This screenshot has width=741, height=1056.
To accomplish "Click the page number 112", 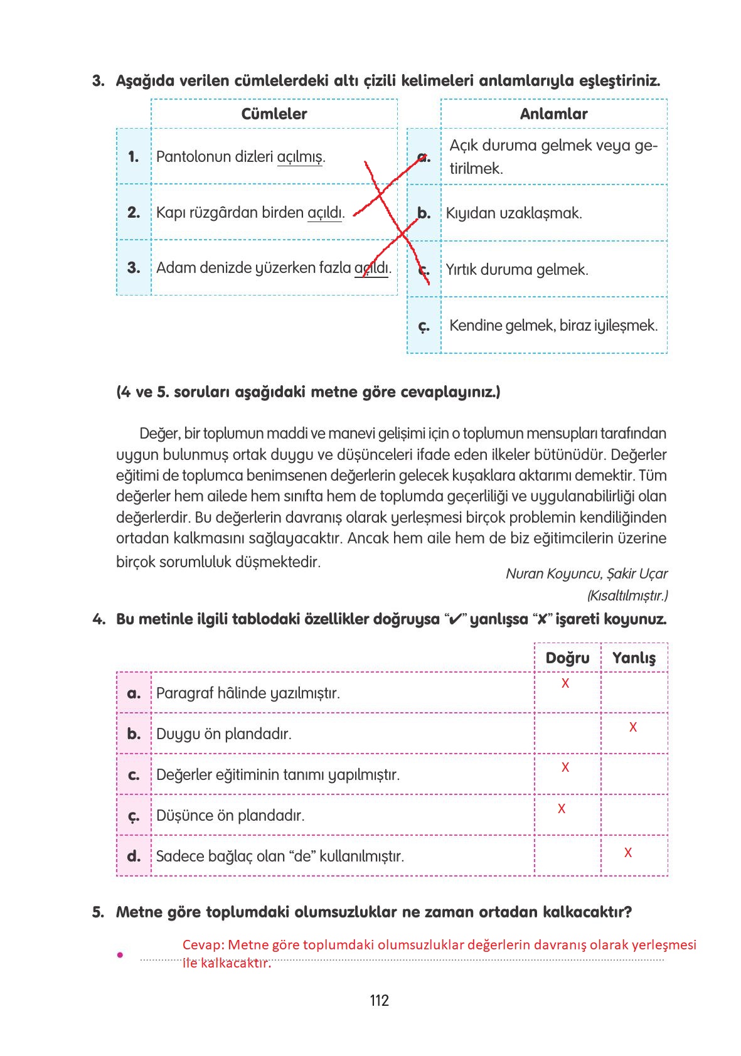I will pyautogui.click(x=379, y=1000).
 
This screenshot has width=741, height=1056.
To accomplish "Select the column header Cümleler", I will pyautogui.click(x=274, y=114).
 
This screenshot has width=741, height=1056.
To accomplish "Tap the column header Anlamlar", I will pyautogui.click(x=553, y=114).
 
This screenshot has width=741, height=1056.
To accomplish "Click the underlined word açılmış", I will pyautogui.click(x=300, y=157).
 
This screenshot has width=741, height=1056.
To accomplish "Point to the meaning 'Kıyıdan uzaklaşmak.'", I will pyautogui.click(x=514, y=213).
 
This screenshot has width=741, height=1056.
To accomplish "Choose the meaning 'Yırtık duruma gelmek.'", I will pyautogui.click(x=517, y=270).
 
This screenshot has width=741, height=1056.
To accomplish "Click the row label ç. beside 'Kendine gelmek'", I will pyautogui.click(x=424, y=326).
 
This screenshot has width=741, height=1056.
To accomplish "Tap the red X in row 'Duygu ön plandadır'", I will pyautogui.click(x=632, y=727).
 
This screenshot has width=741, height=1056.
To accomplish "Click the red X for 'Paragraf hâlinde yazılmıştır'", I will pyautogui.click(x=565, y=683).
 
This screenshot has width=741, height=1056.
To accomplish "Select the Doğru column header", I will pyautogui.click(x=567, y=658).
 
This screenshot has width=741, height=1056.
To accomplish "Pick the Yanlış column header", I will pyautogui.click(x=634, y=658).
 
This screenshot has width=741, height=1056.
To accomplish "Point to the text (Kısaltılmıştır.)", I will pyautogui.click(x=627, y=595).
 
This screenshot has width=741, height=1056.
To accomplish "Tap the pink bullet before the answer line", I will pyautogui.click(x=119, y=954).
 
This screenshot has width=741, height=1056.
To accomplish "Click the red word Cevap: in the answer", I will pyautogui.click(x=203, y=945).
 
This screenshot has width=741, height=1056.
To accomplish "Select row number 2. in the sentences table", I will pyautogui.click(x=134, y=213).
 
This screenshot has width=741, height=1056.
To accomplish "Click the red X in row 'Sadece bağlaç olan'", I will pyautogui.click(x=627, y=853).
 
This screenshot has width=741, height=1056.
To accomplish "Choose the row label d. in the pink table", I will pyautogui.click(x=134, y=856).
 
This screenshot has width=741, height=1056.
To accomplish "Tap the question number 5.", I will pyautogui.click(x=98, y=912).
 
